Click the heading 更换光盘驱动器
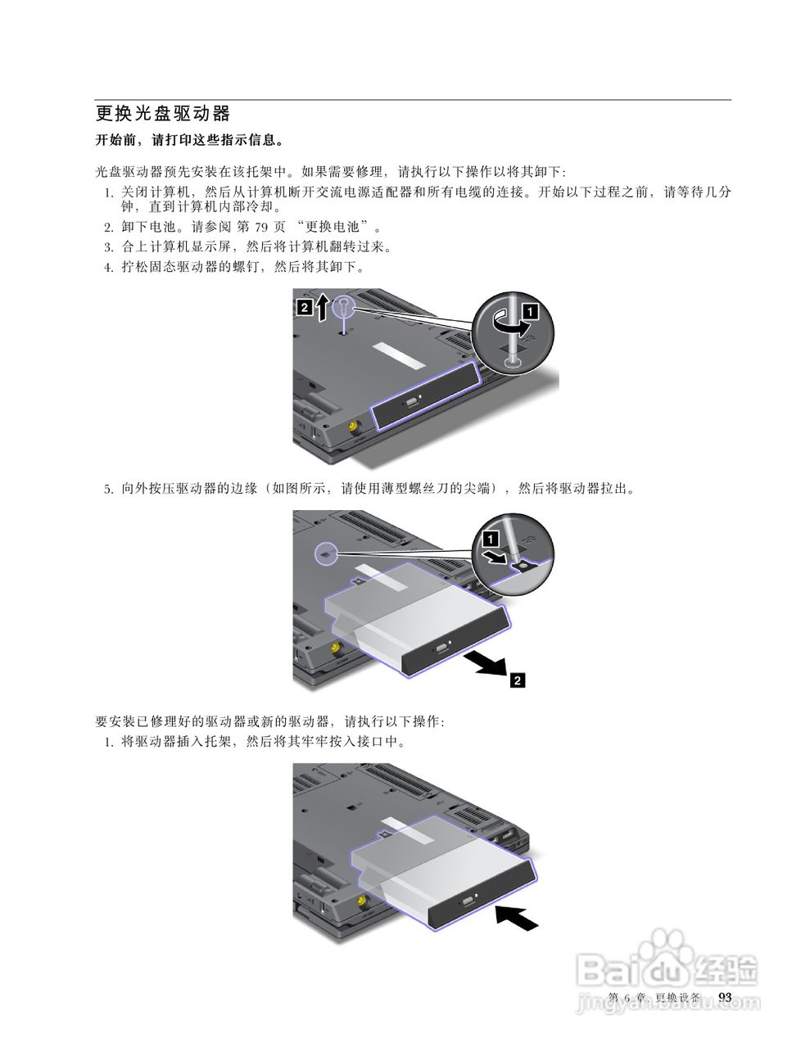click(163, 113)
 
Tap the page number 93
click(724, 996)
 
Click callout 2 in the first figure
click(303, 307)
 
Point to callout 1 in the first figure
click(532, 310)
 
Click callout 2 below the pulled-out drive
click(517, 679)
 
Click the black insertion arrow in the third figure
click(518, 916)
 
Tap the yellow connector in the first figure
click(352, 427)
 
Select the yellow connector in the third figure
click(360, 905)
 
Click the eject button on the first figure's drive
click(412, 403)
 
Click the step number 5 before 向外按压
click(107, 490)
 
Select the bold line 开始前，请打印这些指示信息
click(190, 140)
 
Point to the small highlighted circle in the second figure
click(327, 553)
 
